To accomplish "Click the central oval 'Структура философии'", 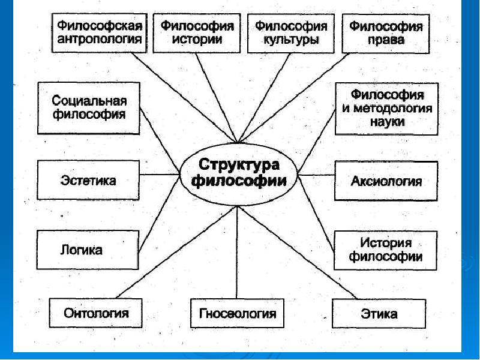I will click(239, 174).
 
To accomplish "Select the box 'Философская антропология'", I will click(99, 34).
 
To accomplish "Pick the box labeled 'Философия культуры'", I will click(291, 34).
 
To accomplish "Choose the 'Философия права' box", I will click(386, 34).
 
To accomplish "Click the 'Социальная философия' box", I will click(88, 107).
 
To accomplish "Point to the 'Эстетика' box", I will click(88, 179).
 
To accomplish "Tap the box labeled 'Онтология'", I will click(96, 313).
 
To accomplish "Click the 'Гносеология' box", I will click(237, 313).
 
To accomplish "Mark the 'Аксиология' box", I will click(386, 180).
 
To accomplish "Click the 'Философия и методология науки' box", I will click(386, 108).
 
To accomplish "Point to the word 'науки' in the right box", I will click(387, 121).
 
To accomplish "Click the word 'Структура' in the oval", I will click(239, 164).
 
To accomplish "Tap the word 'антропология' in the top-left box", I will click(100, 40).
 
